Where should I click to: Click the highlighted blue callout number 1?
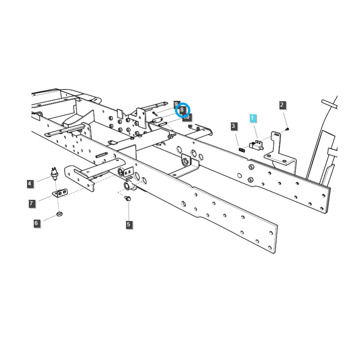point(252,118)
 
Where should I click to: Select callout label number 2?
point(282,105)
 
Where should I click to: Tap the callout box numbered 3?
point(234,126)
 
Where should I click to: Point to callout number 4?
point(30,184)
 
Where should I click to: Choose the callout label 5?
point(129,224)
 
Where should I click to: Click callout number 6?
point(37,223)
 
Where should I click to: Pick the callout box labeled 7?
point(31,203)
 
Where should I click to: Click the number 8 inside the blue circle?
point(182,110)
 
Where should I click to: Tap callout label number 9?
point(176,104)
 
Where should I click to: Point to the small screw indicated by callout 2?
point(287,130)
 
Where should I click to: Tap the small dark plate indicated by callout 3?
point(241,149)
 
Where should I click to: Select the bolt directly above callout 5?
point(127,198)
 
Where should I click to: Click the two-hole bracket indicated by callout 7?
point(61,193)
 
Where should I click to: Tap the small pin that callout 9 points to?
point(155,113)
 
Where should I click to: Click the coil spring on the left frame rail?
point(102,155)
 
